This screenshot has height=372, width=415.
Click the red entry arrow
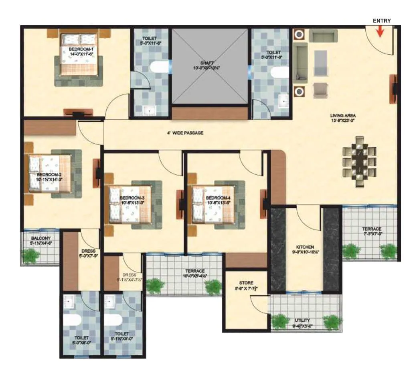(380, 32)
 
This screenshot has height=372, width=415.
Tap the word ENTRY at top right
(381, 20)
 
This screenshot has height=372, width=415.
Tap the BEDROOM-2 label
(49, 177)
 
